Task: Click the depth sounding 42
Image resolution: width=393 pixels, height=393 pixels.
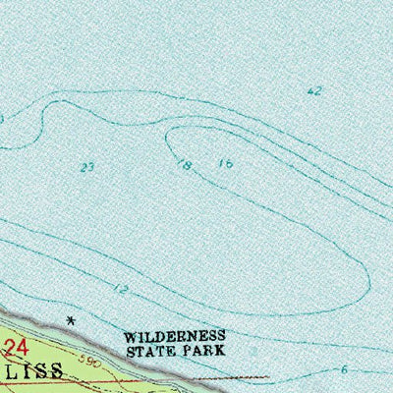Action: tap(314, 91)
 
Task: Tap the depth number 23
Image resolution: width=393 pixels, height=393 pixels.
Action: tap(87, 168)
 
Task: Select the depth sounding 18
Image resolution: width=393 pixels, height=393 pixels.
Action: tap(184, 164)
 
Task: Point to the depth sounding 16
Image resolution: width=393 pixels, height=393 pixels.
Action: tap(227, 163)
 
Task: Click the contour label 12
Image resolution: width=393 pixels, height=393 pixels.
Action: tap(121, 289)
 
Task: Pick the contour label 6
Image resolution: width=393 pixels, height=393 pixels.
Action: tap(344, 369)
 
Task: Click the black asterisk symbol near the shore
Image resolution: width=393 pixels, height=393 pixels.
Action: tap(70, 320)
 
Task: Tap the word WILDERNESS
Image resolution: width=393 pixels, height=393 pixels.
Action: tap(175, 335)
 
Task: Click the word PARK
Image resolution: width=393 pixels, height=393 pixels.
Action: tap(207, 349)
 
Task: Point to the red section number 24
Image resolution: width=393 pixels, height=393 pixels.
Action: tap(13, 346)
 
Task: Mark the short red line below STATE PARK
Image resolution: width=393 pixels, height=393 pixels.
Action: tap(236, 376)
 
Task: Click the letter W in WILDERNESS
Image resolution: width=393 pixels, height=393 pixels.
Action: tap(129, 335)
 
